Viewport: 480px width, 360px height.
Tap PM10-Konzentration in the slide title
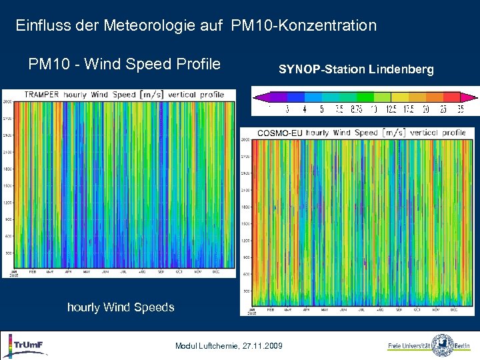click(304, 26)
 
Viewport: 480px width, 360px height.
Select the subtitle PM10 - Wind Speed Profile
click(124, 65)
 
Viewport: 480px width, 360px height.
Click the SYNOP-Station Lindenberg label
click(356, 69)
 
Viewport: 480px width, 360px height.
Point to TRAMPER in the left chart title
click(42, 95)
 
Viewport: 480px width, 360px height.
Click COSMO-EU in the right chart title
click(279, 133)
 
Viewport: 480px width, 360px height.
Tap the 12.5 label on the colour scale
click(391, 110)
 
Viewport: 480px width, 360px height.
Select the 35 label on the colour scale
click(460, 110)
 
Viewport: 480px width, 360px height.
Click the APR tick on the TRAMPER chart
click(68, 272)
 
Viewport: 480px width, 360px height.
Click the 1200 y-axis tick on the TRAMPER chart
click(8, 203)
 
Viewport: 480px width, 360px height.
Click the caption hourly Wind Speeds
click(121, 307)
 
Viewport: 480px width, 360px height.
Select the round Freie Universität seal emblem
click(442, 345)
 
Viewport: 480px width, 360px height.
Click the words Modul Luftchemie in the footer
click(205, 346)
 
